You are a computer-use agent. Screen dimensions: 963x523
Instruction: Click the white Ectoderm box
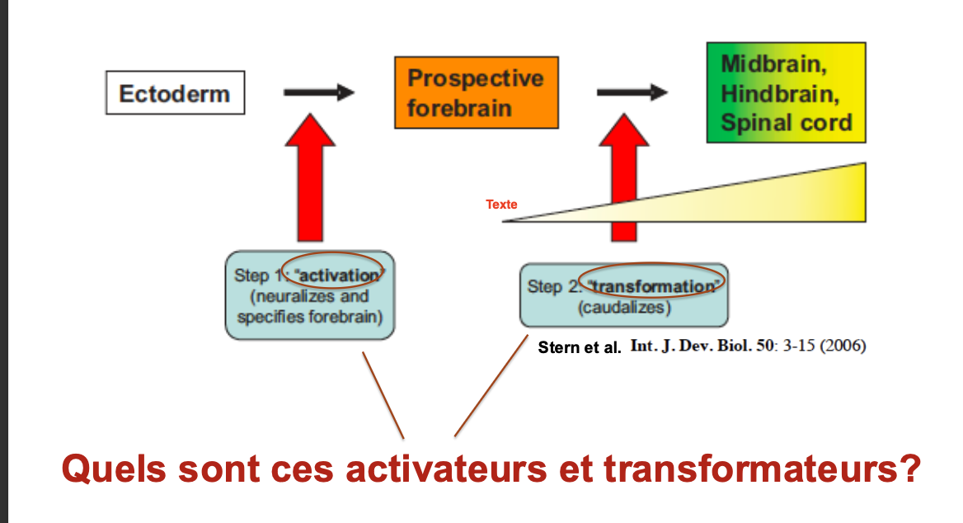175,92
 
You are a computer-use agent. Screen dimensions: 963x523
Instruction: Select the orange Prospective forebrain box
476,92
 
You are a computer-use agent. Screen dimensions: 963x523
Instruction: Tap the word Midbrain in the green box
773,64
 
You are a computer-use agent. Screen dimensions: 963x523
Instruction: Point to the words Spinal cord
786,123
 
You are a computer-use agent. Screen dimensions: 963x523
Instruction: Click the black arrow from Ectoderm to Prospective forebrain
318,93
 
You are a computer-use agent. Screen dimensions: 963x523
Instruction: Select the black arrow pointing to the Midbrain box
632,93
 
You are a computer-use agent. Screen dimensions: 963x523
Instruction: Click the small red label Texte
501,204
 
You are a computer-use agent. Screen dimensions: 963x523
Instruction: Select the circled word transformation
653,286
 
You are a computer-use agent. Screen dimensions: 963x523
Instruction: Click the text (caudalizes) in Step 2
624,309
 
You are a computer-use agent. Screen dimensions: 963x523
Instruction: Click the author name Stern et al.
579,347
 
